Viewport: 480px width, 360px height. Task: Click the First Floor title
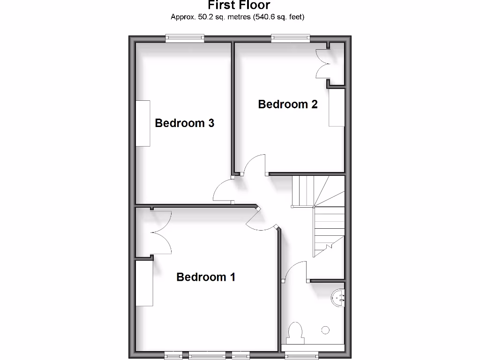(x=239, y=6)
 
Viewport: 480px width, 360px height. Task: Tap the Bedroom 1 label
(x=206, y=277)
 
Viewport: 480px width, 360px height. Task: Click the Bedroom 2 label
(x=288, y=104)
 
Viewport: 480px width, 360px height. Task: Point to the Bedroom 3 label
(x=185, y=123)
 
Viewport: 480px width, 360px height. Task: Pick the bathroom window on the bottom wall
(x=302, y=354)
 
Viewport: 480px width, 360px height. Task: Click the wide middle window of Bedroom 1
(x=207, y=355)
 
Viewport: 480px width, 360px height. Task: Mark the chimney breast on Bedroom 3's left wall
(x=143, y=123)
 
